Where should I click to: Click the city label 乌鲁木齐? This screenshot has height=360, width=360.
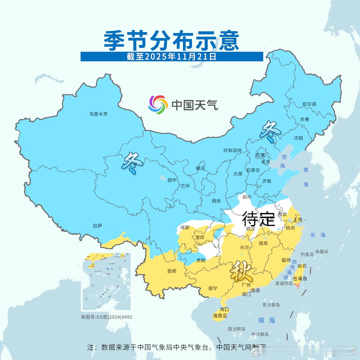click(x=98, y=114)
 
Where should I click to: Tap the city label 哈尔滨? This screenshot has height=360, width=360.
click(x=309, y=104)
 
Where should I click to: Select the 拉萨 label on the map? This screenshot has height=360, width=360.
click(x=98, y=226)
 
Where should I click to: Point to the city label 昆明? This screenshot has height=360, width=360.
click(x=172, y=271)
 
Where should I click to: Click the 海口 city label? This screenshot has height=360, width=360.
click(x=224, y=309)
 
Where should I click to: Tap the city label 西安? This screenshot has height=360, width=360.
click(x=216, y=201)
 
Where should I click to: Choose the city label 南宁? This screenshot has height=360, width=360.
click(x=213, y=288)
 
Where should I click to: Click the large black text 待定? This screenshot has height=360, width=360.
click(x=258, y=219)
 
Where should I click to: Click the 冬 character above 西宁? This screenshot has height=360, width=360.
click(x=133, y=163)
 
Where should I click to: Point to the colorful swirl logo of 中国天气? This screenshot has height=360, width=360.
click(x=158, y=105)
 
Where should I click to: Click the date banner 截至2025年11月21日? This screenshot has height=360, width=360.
click(x=172, y=57)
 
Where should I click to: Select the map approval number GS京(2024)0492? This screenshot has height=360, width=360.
click(x=107, y=317)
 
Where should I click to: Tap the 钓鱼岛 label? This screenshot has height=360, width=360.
click(x=307, y=254)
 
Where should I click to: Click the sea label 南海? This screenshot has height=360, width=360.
click(x=267, y=320)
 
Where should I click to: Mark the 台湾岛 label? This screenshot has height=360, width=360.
click(x=300, y=278)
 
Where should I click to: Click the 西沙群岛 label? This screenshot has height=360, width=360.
click(x=237, y=329)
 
